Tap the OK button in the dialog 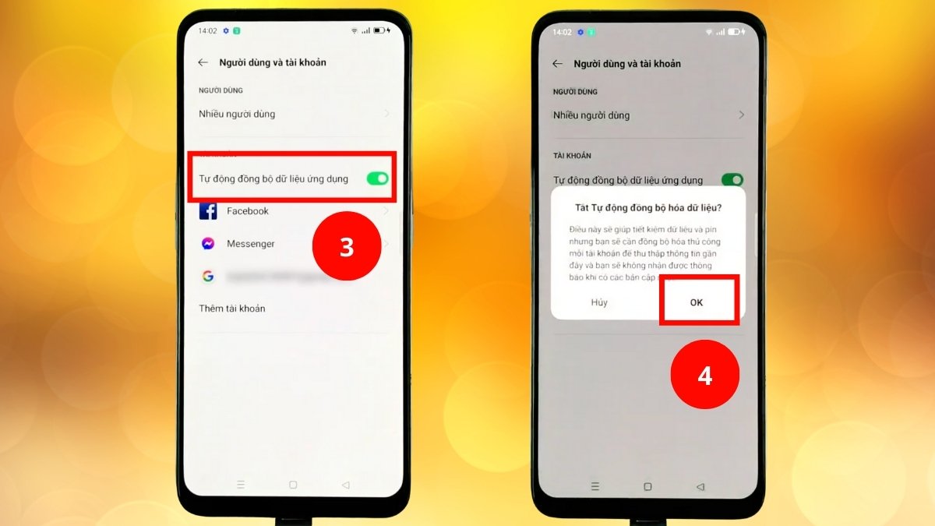[x=697, y=302]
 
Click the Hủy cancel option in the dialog [x=599, y=302]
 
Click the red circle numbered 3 [x=346, y=247]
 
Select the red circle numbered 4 [x=704, y=376]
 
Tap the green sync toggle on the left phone [x=377, y=178]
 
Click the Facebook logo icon [x=208, y=211]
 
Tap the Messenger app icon [x=208, y=244]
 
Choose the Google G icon [x=208, y=276]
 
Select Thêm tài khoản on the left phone [x=232, y=309]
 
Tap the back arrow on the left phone [x=203, y=62]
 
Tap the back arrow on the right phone [x=557, y=63]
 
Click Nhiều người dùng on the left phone [x=237, y=114]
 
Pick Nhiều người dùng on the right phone [x=591, y=115]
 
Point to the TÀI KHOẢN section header [x=572, y=156]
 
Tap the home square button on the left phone [x=293, y=485]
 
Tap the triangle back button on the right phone [x=700, y=486]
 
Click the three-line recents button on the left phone [x=241, y=485]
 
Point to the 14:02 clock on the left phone [x=207, y=31]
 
